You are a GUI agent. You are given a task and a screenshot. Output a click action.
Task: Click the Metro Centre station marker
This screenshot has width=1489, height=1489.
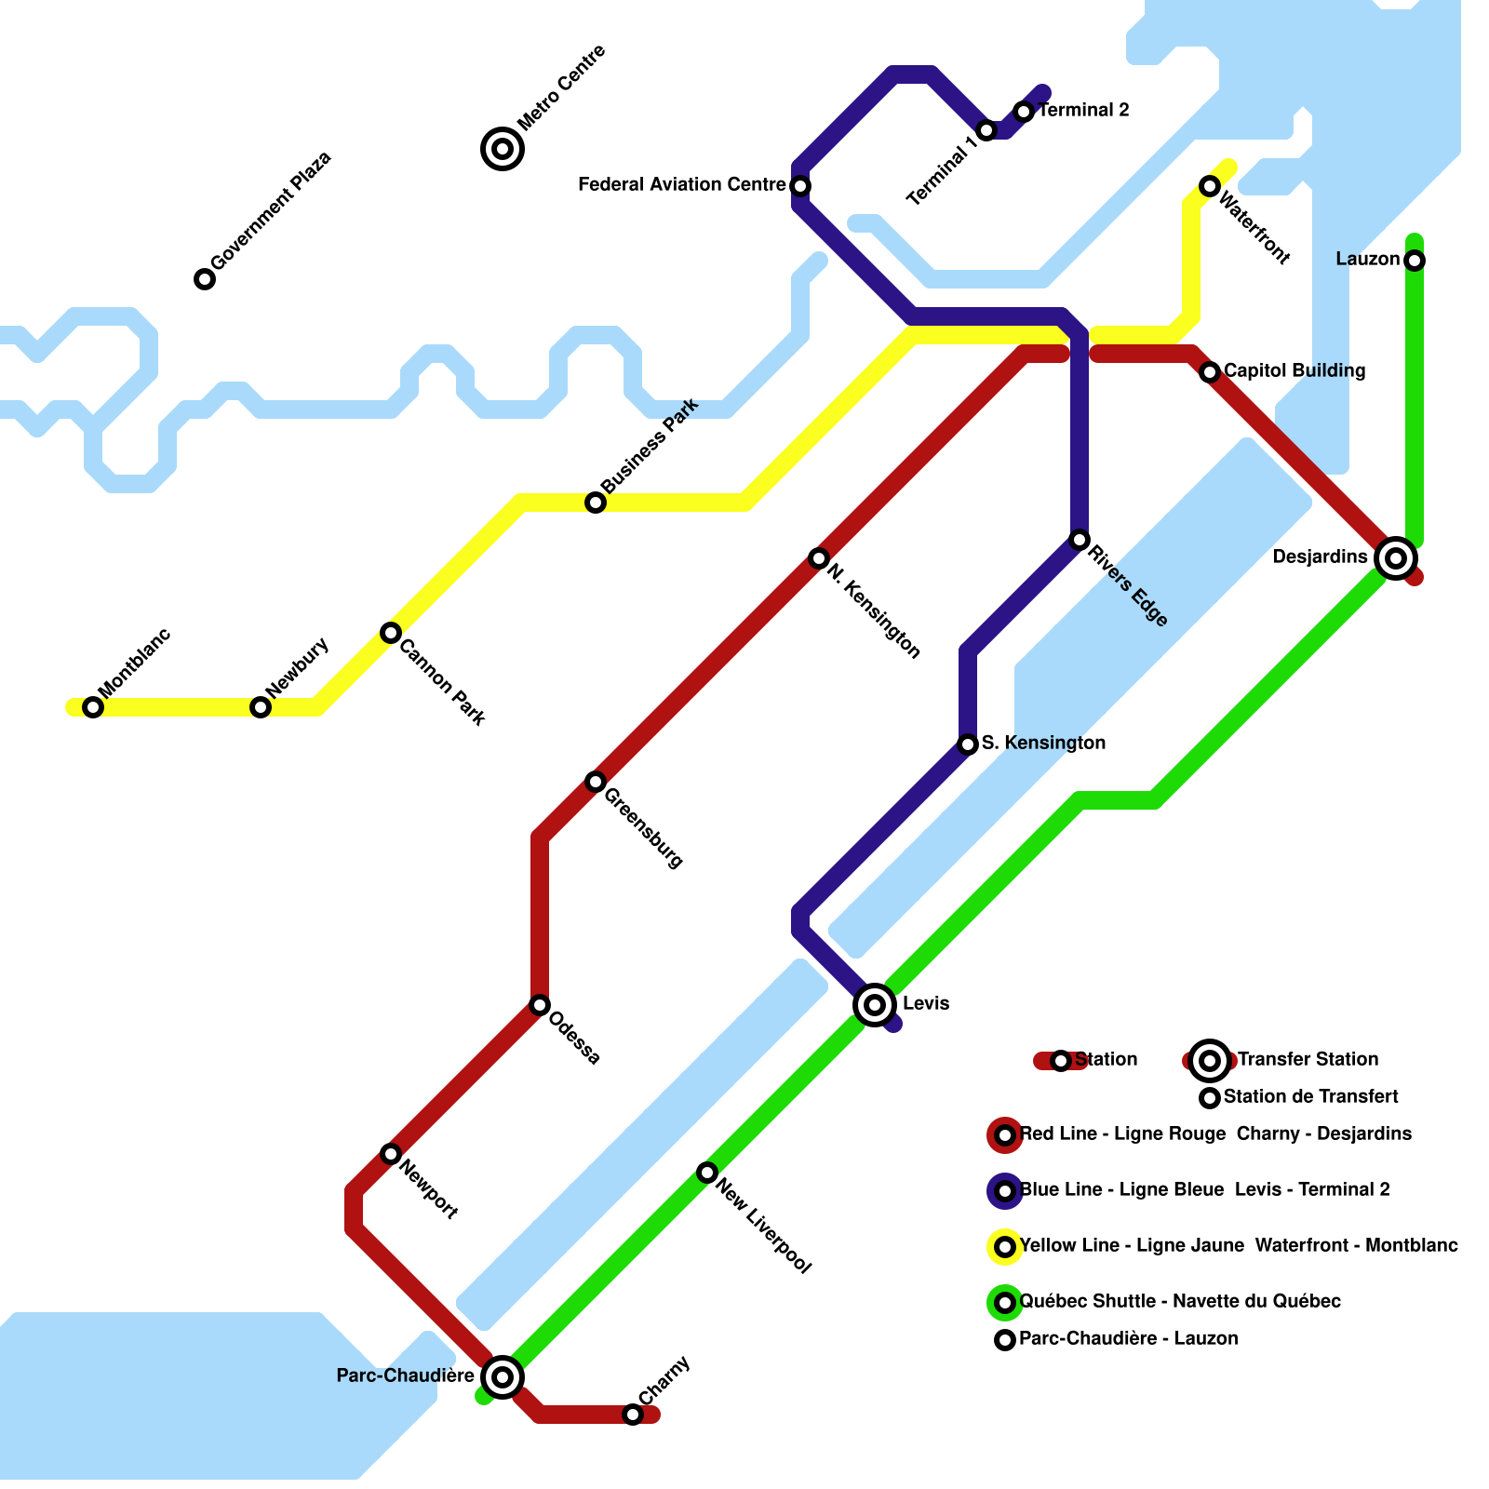tap(503, 148)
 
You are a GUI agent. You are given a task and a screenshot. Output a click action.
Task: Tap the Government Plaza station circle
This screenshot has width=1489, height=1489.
tap(205, 279)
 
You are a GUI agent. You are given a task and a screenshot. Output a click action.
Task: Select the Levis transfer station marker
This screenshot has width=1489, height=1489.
tap(875, 1004)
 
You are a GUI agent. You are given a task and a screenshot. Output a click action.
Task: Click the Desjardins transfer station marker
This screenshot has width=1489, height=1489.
tap(1395, 558)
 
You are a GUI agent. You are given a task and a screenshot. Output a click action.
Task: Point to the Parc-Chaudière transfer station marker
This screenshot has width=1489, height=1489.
tap(503, 1376)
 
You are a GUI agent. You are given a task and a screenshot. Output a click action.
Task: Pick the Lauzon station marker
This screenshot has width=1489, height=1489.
tap(1415, 261)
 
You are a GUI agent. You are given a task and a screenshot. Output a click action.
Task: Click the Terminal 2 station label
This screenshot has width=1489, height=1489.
tap(1083, 110)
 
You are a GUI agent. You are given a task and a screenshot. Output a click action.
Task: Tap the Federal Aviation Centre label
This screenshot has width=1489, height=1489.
tap(681, 184)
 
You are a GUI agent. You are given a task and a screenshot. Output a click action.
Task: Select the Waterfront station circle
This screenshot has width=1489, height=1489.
tap(1210, 186)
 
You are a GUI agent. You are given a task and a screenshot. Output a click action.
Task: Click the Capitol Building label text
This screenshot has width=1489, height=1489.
tap(1294, 370)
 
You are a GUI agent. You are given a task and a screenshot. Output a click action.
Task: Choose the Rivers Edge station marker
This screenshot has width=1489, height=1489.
tap(1080, 540)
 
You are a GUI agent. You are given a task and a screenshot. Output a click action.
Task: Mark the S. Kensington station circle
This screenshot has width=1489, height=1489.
tap(968, 744)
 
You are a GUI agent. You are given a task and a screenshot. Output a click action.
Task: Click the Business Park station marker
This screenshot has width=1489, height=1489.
tap(596, 503)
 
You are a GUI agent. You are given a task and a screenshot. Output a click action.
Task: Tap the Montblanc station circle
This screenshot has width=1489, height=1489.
tap(93, 707)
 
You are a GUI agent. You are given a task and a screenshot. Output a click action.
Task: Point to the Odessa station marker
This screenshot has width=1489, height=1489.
tap(540, 1005)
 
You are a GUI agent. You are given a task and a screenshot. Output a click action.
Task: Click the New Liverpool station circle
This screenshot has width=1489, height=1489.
tap(707, 1173)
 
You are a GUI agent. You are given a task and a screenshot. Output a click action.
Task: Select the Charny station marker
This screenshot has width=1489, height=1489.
tap(633, 1415)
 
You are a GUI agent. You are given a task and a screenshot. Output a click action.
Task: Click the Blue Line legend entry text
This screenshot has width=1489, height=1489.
tap(1204, 1189)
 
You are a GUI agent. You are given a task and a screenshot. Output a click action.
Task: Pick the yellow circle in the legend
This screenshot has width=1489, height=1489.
tap(1005, 1247)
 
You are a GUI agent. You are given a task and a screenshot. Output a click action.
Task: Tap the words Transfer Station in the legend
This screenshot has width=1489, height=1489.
tap(1308, 1059)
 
